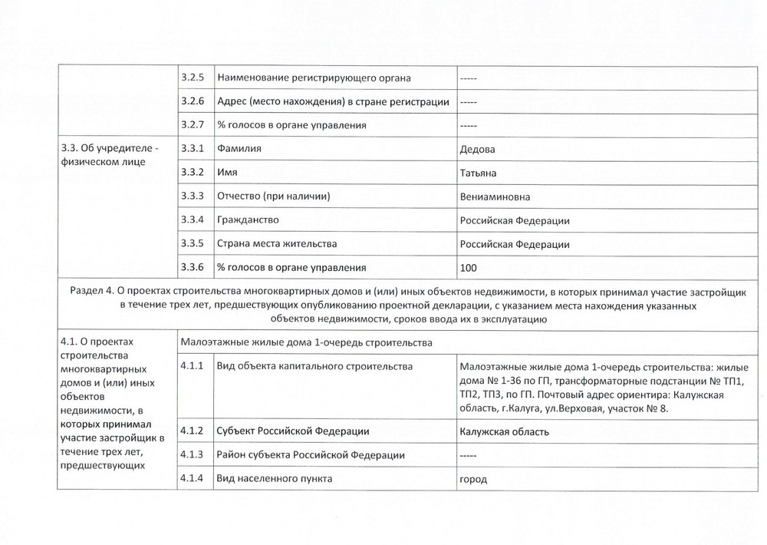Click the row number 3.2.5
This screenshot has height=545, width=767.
(192, 78)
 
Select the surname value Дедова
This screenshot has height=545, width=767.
(477, 149)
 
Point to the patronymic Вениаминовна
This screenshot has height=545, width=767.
(495, 197)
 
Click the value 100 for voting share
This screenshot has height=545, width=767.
(468, 267)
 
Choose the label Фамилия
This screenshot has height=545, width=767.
(239, 149)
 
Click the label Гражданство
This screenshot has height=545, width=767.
(248, 220)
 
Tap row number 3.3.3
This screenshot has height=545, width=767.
(192, 197)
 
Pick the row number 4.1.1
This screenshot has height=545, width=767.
(192, 366)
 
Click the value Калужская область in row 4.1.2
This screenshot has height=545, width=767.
(504, 431)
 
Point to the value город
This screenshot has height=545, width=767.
(473, 479)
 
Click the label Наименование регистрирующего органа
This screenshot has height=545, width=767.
(314, 78)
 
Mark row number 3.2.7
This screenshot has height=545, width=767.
(192, 124)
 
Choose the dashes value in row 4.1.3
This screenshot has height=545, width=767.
(469, 455)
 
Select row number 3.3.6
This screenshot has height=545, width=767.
(192, 267)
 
